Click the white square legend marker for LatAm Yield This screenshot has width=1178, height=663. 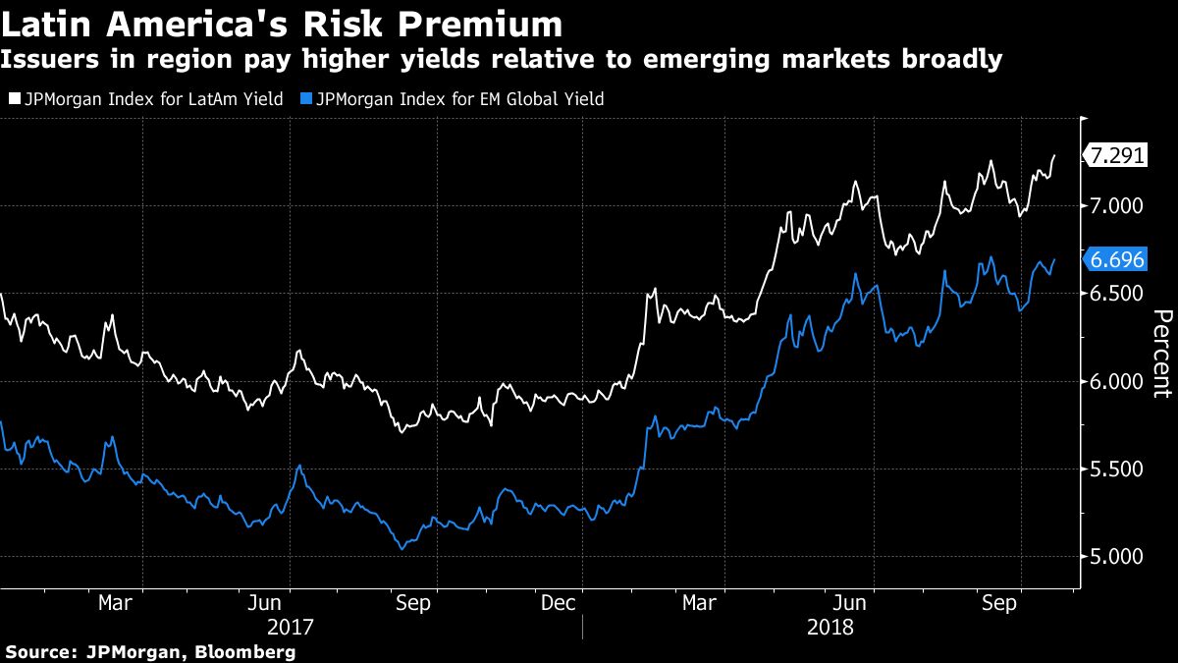click(13, 99)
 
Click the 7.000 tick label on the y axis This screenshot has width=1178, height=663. click(1117, 205)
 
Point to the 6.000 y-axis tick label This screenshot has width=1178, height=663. click(1117, 381)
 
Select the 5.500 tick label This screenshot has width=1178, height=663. click(1117, 469)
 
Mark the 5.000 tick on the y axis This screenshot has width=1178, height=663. click(1117, 556)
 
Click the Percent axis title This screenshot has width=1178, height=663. click(1161, 354)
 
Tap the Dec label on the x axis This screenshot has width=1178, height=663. click(558, 602)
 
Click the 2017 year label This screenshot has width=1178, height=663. click(291, 626)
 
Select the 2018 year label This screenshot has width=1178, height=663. click(830, 626)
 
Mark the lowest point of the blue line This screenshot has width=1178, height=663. click(401, 548)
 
